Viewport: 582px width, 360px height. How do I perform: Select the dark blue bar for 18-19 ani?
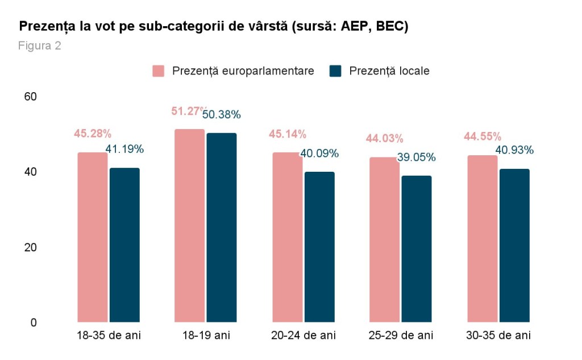click(x=222, y=227)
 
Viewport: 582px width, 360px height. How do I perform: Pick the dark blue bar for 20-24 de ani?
click(x=319, y=247)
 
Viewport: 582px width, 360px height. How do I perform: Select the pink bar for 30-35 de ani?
click(x=482, y=239)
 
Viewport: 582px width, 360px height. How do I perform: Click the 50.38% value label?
click(x=222, y=115)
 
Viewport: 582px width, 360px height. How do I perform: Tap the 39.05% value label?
click(x=417, y=157)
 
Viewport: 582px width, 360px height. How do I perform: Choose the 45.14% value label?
click(x=287, y=135)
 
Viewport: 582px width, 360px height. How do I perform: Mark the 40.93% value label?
click(x=514, y=150)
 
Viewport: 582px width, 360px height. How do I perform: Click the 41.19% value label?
click(x=124, y=150)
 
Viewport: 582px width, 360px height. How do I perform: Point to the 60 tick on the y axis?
click(x=30, y=97)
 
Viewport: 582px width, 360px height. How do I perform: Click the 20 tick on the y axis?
click(x=30, y=247)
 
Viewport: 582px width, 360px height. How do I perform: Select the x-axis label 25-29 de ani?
click(x=401, y=336)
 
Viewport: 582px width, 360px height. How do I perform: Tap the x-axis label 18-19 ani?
click(x=206, y=336)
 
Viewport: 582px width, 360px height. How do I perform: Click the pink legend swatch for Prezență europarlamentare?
click(x=159, y=71)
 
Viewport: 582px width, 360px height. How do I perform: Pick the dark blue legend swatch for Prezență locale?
click(x=335, y=71)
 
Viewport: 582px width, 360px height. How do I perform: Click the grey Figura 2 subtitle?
click(x=40, y=46)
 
